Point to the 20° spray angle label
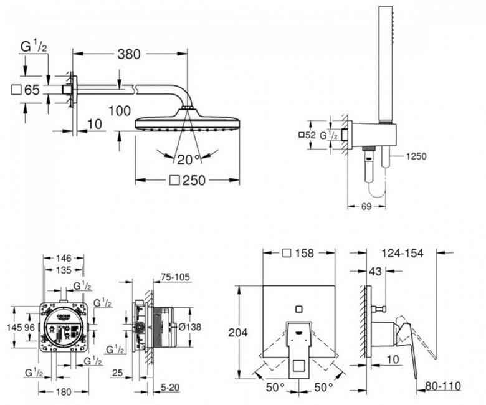pos(186,159)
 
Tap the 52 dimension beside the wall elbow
pos(310,135)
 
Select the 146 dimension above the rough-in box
pos(62,257)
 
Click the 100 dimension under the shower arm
pos(120,111)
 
